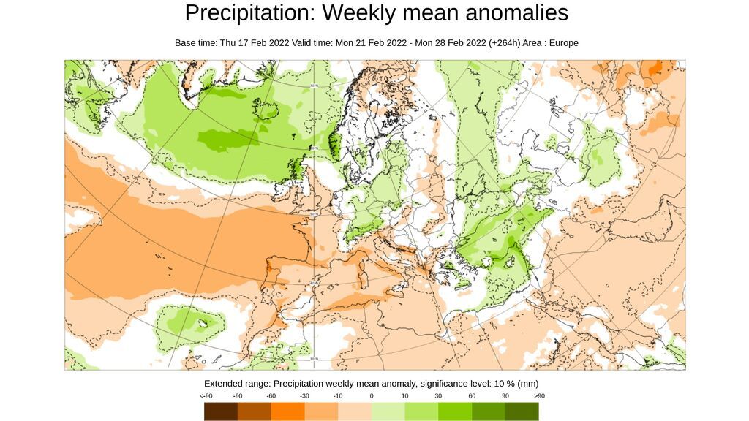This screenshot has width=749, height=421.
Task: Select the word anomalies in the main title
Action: (517, 13)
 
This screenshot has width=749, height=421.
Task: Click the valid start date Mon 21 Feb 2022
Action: (371, 43)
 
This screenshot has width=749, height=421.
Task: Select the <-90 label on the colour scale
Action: (206, 396)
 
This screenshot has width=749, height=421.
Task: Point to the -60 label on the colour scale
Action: (271, 396)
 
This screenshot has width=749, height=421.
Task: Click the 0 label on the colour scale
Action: (372, 396)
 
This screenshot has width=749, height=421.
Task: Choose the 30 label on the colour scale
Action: (438, 396)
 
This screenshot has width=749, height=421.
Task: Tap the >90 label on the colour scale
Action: (539, 396)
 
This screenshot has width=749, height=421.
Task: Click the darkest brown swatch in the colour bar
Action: (221, 411)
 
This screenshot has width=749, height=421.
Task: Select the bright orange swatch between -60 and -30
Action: (287, 411)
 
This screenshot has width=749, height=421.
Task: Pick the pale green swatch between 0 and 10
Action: (388, 411)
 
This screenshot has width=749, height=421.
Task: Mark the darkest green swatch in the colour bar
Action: (522, 411)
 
